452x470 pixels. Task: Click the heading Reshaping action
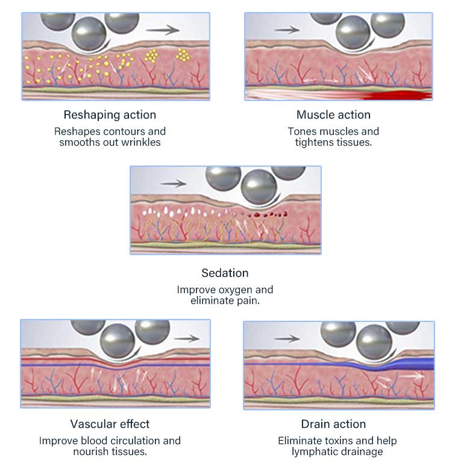tap(110, 114)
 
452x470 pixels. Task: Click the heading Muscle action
tap(333, 114)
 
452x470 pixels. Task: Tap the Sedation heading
tap(225, 273)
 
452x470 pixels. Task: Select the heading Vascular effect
tap(110, 424)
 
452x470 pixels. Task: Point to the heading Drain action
tap(333, 424)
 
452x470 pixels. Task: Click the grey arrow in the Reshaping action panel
tap(163, 29)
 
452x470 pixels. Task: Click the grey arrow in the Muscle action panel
tap(291, 29)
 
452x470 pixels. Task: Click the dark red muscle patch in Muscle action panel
tap(401, 95)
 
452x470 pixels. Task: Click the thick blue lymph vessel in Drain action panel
tap(416, 363)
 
